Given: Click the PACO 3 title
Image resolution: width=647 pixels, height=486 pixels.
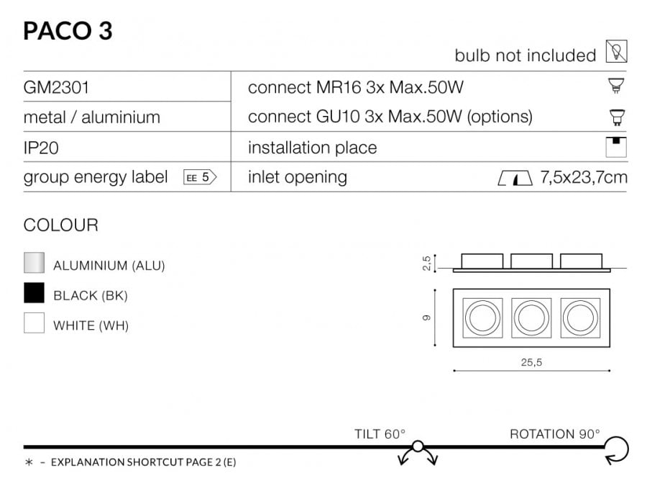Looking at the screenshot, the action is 68,30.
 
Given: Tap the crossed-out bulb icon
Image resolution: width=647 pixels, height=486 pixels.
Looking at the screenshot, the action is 617,51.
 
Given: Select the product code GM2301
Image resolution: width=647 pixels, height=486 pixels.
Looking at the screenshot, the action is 56,88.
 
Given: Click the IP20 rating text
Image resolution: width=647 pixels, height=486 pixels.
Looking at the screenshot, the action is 41,148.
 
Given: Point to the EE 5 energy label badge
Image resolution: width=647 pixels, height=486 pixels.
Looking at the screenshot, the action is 200,178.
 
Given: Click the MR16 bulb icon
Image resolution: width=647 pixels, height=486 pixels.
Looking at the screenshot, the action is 617,86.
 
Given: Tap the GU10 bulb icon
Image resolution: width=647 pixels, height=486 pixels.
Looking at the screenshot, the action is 617,117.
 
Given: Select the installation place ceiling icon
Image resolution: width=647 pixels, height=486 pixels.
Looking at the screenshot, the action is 616,147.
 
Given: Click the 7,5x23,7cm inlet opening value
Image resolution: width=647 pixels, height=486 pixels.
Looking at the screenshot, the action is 584,177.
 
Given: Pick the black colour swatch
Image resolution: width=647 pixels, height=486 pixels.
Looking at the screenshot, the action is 34,292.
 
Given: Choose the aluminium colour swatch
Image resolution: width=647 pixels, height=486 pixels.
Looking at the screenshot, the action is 34,262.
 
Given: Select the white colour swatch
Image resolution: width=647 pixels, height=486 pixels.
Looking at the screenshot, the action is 34,323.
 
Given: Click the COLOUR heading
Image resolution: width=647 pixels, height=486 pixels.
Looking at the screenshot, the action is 60,225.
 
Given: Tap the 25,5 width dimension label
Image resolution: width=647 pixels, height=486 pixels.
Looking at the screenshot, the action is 531,362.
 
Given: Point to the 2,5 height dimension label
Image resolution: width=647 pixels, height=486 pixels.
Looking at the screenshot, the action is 426,264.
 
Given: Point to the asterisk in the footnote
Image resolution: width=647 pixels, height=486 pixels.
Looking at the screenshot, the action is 29,462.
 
